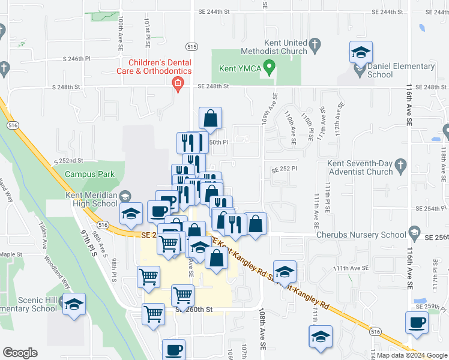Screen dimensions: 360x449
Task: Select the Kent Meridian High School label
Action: pyautogui.click(x=92, y=199)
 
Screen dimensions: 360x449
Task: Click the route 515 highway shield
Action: pyautogui.click(x=191, y=46)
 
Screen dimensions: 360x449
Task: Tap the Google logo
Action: pyautogui.click(x=20, y=353)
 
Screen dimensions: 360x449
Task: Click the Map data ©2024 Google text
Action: pyautogui.click(x=411, y=355)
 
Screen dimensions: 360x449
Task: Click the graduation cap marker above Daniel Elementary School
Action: pyautogui.click(x=361, y=52)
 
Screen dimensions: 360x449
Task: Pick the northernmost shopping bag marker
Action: pyautogui.click(x=210, y=118)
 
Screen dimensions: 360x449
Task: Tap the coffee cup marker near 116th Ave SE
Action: pyautogui.click(x=417, y=323)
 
